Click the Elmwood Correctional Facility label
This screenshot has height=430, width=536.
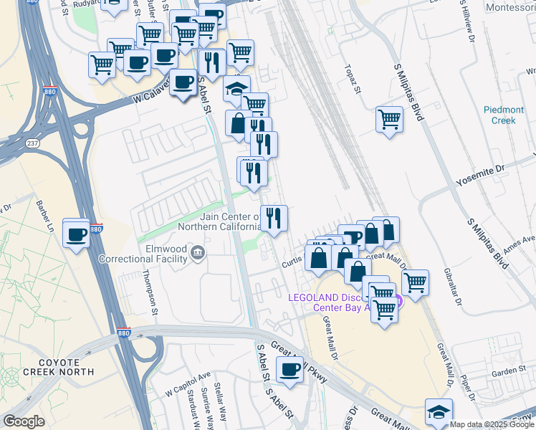pos(146,254)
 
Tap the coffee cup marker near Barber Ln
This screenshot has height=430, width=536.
pos(75,234)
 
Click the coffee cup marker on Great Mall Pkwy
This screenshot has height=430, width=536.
pos(289,369)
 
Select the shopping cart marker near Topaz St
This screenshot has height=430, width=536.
pos(389,118)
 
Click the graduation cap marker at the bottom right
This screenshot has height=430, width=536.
pos(439,411)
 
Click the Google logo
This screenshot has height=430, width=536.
pos(24,421)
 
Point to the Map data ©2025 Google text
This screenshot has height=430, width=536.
pos(492,424)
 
